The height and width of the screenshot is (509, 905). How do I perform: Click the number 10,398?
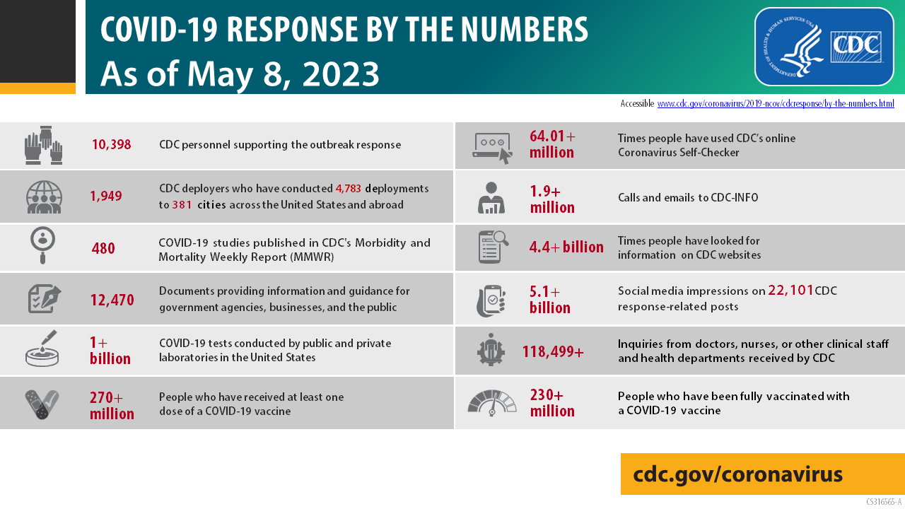pyautogui.click(x=112, y=145)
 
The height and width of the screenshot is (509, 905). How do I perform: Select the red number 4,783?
pyautogui.click(x=349, y=189)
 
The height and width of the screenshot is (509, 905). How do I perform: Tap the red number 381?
pyautogui.click(x=182, y=205)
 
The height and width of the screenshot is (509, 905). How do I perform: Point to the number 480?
pyautogui.click(x=103, y=248)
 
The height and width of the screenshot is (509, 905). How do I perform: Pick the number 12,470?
pyautogui.click(x=112, y=300)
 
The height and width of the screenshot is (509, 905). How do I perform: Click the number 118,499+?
pyautogui.click(x=553, y=351)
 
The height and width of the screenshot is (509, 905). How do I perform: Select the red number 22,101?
pyautogui.click(x=790, y=290)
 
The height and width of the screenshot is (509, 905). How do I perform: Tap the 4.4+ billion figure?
pyautogui.click(x=566, y=247)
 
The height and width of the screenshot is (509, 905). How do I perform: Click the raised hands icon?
pyautogui.click(x=44, y=145)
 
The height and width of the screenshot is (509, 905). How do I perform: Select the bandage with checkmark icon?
pyautogui.click(x=42, y=404)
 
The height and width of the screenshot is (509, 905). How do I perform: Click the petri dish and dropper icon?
pyautogui.click(x=42, y=349)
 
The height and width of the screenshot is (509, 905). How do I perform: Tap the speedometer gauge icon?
pyautogui.click(x=491, y=403)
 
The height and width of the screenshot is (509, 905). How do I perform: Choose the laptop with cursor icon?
pyautogui.click(x=491, y=146)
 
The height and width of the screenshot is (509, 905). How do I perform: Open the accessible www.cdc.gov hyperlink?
pyautogui.click(x=776, y=104)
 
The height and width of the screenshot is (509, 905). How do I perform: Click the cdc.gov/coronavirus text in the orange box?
pyautogui.click(x=737, y=474)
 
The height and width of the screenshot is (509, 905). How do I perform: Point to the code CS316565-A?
pyautogui.click(x=884, y=502)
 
